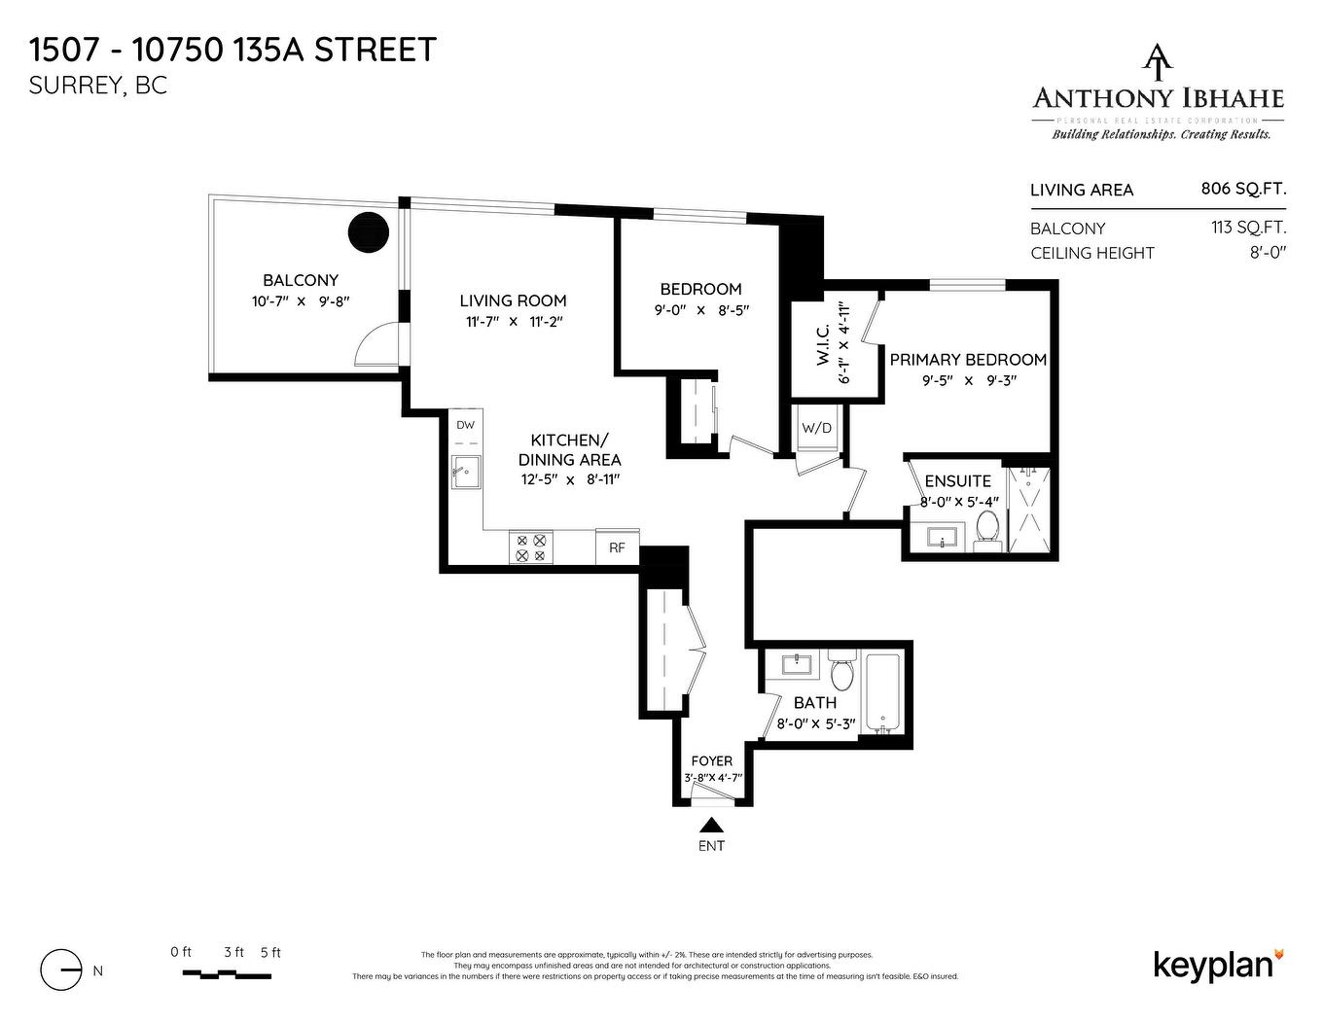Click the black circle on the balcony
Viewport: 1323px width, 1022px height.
click(369, 232)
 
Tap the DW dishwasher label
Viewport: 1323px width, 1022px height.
click(466, 425)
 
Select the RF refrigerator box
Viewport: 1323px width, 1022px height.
click(617, 547)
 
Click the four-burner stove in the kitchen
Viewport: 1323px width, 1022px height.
click(531, 547)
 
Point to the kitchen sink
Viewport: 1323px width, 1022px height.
click(466, 475)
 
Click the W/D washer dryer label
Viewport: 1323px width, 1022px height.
click(816, 428)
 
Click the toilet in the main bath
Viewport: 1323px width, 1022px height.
click(841, 671)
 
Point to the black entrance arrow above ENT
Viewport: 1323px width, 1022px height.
click(711, 824)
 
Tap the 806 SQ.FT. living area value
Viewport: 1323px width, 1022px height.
click(1243, 189)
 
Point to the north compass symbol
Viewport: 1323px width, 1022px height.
click(61, 969)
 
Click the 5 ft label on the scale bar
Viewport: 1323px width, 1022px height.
click(270, 953)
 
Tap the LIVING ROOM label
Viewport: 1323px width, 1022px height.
click(513, 300)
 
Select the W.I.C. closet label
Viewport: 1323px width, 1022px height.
click(822, 343)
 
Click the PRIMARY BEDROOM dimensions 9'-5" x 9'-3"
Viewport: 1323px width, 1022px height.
click(968, 380)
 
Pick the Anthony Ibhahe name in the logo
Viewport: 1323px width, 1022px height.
click(1158, 98)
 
